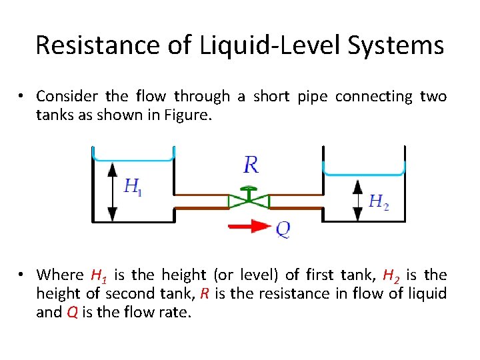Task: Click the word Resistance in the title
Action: [x=89, y=45]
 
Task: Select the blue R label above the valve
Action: [x=251, y=164]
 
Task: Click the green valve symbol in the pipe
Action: [x=249, y=200]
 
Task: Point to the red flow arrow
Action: [x=249, y=227]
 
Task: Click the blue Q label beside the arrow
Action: [x=283, y=230]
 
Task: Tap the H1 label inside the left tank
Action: [x=133, y=187]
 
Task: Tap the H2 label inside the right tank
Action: [x=378, y=200]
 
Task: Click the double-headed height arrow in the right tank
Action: [x=357, y=199]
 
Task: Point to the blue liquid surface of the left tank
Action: [x=133, y=159]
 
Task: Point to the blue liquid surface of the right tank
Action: [x=364, y=174]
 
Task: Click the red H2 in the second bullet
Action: [x=393, y=275]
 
